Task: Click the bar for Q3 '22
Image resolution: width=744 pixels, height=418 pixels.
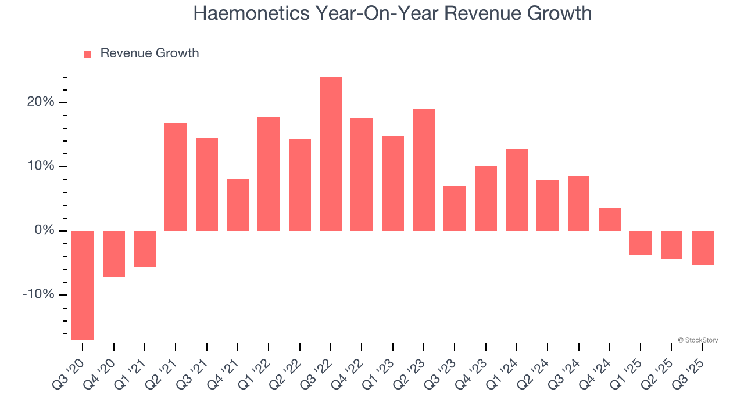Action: [331, 154]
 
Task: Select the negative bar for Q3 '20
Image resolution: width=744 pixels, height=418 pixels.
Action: [83, 285]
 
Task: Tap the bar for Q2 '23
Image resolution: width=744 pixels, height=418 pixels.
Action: [424, 170]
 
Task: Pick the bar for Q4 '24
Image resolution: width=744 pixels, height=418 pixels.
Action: [610, 219]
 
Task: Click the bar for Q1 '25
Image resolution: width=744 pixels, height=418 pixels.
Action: [641, 243]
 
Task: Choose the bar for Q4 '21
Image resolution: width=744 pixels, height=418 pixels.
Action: [238, 205]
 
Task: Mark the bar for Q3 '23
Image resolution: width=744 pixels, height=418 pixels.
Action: [455, 208]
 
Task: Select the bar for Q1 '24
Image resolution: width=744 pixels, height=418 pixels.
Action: [517, 190]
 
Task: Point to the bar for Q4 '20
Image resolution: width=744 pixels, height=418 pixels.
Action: [114, 254]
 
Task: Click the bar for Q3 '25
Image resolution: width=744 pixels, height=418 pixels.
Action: [703, 248]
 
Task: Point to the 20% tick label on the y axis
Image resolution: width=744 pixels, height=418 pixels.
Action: [40, 103]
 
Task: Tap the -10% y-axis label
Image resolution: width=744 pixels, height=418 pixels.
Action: [38, 294]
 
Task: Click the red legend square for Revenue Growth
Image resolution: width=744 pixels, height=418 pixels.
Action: [87, 54]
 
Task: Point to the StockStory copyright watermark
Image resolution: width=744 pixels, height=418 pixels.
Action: [697, 340]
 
